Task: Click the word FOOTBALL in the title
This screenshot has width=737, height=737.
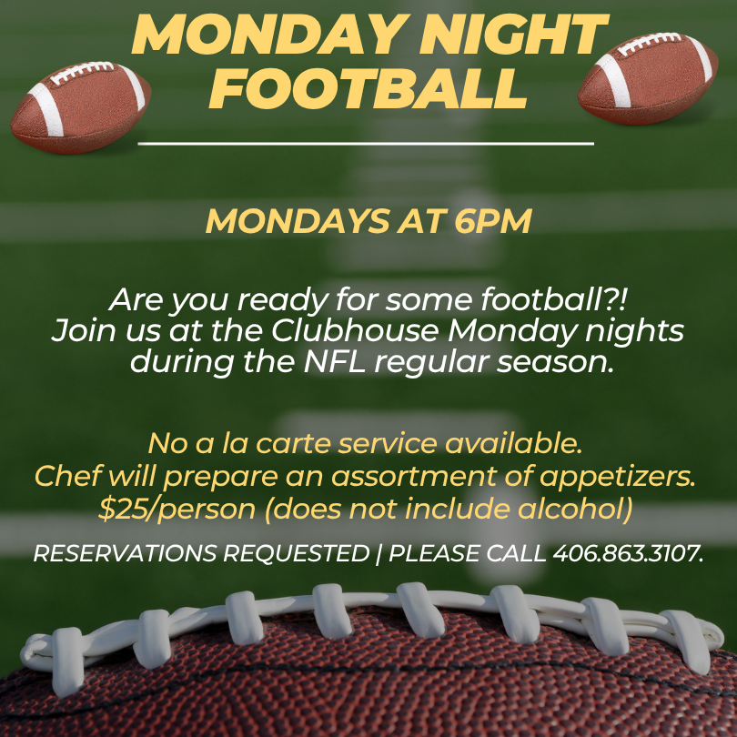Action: [368, 89]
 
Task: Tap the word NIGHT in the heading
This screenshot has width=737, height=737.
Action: [513, 35]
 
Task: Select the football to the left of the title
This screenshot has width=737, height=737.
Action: [81, 107]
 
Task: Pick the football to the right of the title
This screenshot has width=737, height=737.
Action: [648, 78]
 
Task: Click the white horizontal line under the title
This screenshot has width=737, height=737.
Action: [366, 144]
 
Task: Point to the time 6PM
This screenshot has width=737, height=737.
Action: [493, 220]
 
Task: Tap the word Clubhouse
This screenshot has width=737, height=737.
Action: [355, 330]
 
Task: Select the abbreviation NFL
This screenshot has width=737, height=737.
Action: [335, 361]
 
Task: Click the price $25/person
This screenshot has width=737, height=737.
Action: [177, 509]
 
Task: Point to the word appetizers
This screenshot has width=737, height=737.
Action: [617, 477]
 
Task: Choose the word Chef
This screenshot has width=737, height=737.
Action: [68, 476]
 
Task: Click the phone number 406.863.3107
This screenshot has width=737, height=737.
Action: [628, 553]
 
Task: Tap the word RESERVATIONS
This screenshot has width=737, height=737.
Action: [125, 553]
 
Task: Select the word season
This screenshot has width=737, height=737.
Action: [555, 362]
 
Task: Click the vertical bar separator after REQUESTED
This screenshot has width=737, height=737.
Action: [379, 554]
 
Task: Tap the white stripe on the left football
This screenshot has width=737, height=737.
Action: [46, 109]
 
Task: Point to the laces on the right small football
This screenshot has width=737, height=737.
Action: [650, 44]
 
